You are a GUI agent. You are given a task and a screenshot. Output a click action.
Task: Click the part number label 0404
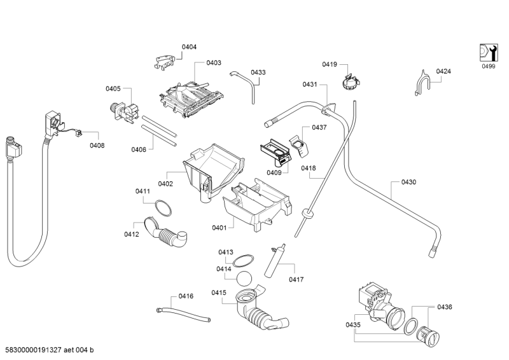point(189,47)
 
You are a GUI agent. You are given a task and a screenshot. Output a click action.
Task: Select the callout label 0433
point(258,73)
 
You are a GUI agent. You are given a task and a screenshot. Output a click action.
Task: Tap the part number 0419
point(329,64)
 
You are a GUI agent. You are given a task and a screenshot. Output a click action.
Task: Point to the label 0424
point(443,72)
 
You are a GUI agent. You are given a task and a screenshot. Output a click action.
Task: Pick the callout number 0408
point(97,146)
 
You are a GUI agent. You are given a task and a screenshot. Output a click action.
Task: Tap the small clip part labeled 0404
point(165,61)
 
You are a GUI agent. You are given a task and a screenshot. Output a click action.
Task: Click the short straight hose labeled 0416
point(183,315)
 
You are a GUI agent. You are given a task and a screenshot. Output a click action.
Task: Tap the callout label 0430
point(408,183)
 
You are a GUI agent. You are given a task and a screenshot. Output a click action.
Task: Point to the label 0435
point(353,325)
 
